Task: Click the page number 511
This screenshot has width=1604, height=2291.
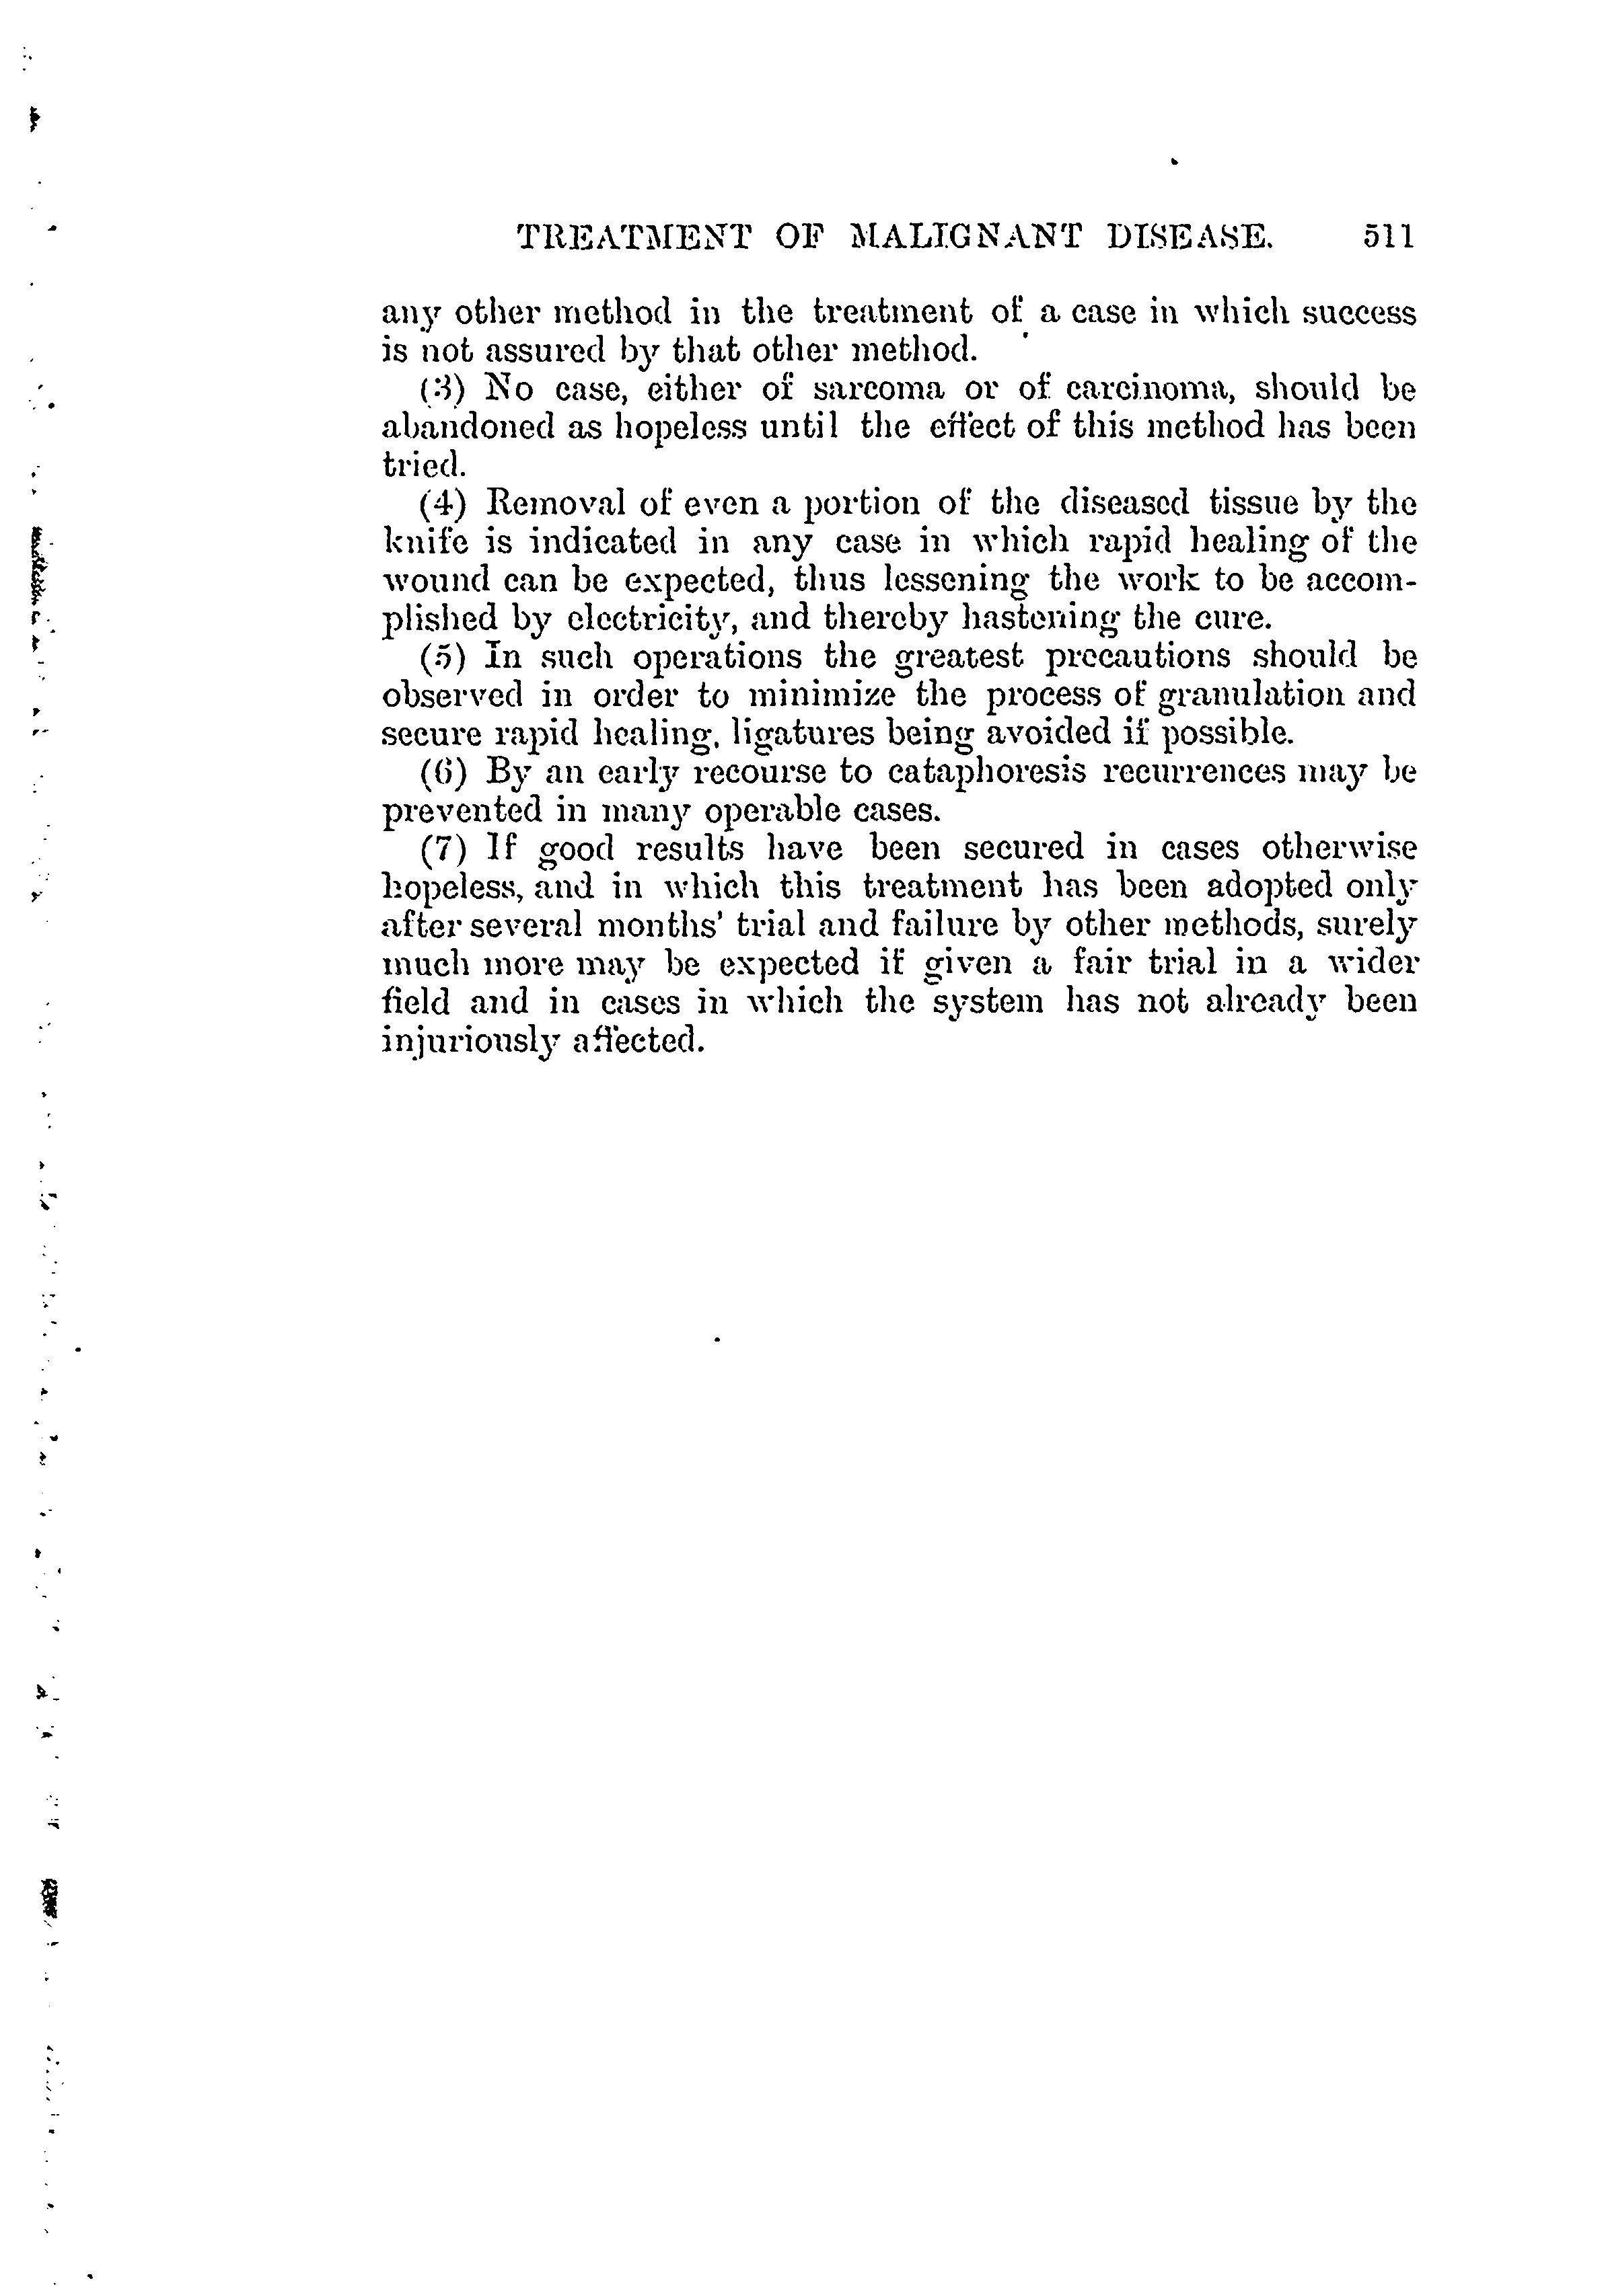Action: tap(1387, 237)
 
